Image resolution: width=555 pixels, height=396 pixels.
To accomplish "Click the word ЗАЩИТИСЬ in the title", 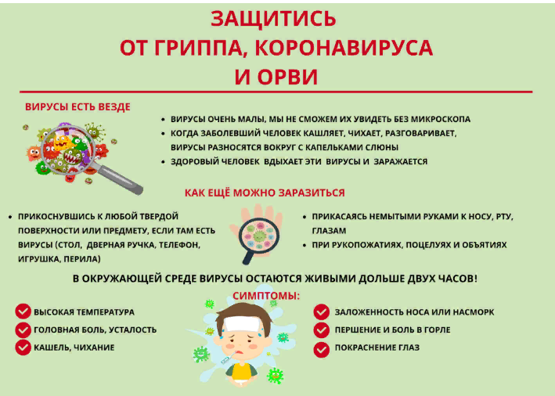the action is [x=273, y=19].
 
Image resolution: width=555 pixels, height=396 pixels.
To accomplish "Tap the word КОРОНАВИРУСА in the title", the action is [x=344, y=48].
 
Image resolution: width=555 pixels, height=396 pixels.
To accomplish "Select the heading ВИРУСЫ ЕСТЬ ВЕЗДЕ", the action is [x=77, y=107].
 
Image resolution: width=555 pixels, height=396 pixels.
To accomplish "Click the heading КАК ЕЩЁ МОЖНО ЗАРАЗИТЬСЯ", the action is [x=265, y=193].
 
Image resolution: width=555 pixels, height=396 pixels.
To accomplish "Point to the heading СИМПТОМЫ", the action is [x=266, y=296].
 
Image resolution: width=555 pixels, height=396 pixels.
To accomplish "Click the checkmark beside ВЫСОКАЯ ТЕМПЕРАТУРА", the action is [x=23, y=311].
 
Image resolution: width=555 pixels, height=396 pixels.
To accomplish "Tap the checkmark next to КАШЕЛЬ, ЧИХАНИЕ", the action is [x=23, y=347].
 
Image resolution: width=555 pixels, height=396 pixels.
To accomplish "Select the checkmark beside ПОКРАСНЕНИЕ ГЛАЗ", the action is [x=322, y=350].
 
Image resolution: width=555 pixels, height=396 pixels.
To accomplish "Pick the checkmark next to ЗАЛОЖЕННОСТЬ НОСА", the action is [x=322, y=311].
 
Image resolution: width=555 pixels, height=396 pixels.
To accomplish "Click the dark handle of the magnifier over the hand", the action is [x=248, y=257].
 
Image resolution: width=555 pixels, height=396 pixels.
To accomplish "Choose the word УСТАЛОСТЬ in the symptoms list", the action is [x=133, y=329].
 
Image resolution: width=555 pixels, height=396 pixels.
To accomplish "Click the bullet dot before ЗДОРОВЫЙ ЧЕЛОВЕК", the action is [x=163, y=162].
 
